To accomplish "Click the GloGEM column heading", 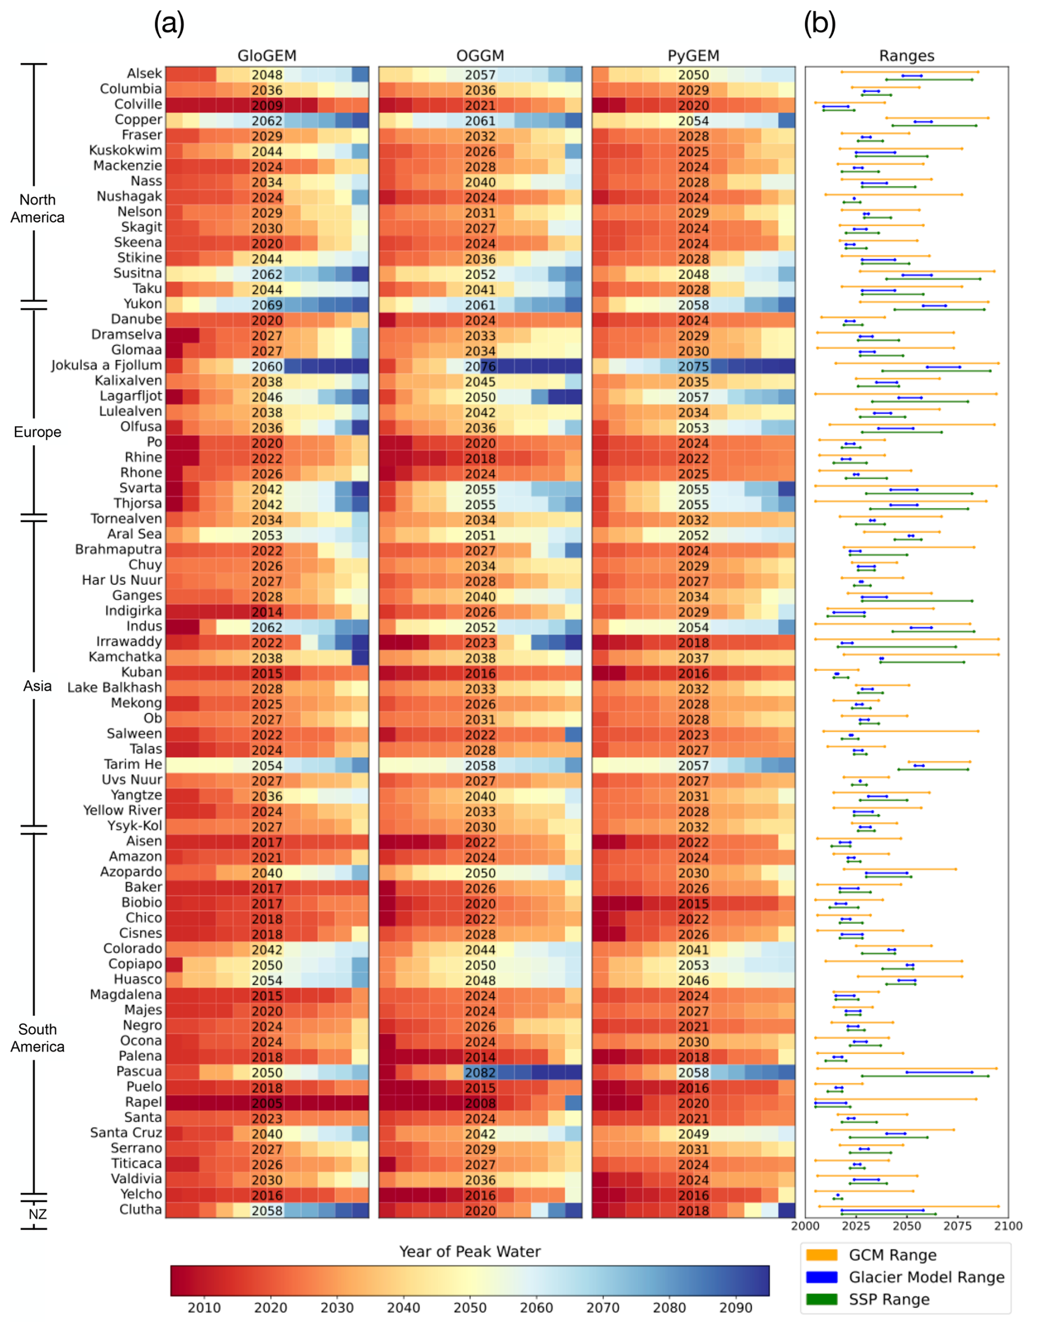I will click(x=267, y=56).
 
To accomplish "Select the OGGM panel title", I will click(x=480, y=56).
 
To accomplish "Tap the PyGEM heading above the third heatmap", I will click(x=693, y=56).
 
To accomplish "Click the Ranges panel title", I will click(x=906, y=56).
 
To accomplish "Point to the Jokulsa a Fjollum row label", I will click(x=107, y=365).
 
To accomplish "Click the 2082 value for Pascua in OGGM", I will click(x=480, y=1072).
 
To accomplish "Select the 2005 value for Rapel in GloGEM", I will click(x=267, y=1103).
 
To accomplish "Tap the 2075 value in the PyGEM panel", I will click(x=694, y=366).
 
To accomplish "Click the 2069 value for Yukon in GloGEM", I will click(x=267, y=305).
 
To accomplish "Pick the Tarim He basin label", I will click(x=133, y=764).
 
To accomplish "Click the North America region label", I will click(x=37, y=209).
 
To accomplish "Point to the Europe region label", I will click(x=37, y=432).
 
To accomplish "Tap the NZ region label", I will click(x=37, y=1214).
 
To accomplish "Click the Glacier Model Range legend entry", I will click(x=926, y=1277).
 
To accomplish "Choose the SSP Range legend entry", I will click(x=889, y=1299).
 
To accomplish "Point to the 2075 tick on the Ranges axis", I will click(x=957, y=1226).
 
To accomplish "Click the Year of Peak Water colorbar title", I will click(x=469, y=1251).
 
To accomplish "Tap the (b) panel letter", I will click(x=819, y=23).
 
